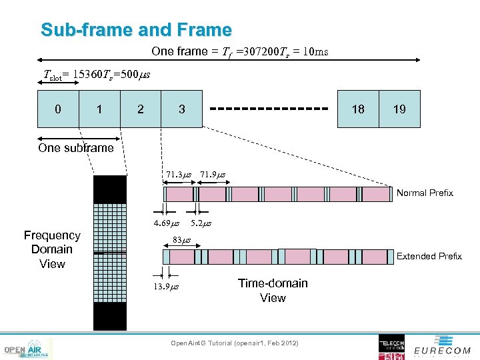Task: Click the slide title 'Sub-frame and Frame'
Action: (x=136, y=30)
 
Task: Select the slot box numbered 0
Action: (x=58, y=109)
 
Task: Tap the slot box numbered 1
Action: (x=99, y=109)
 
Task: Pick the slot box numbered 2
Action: (x=140, y=109)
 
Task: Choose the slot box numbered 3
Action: (x=181, y=109)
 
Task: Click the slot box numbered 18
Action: (x=358, y=109)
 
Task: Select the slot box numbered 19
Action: (x=399, y=109)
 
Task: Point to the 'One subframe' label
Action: (x=76, y=148)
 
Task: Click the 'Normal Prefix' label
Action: (x=425, y=193)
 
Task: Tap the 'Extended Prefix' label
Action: (x=429, y=256)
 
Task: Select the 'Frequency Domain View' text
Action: (x=52, y=249)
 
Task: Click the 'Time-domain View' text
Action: (x=273, y=291)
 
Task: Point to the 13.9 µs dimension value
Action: (x=167, y=287)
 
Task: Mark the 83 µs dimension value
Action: (x=181, y=239)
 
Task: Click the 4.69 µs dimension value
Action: (x=166, y=223)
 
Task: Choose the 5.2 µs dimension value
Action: (x=201, y=223)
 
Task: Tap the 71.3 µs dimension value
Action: (x=179, y=175)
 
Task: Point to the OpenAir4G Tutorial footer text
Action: (x=235, y=343)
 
